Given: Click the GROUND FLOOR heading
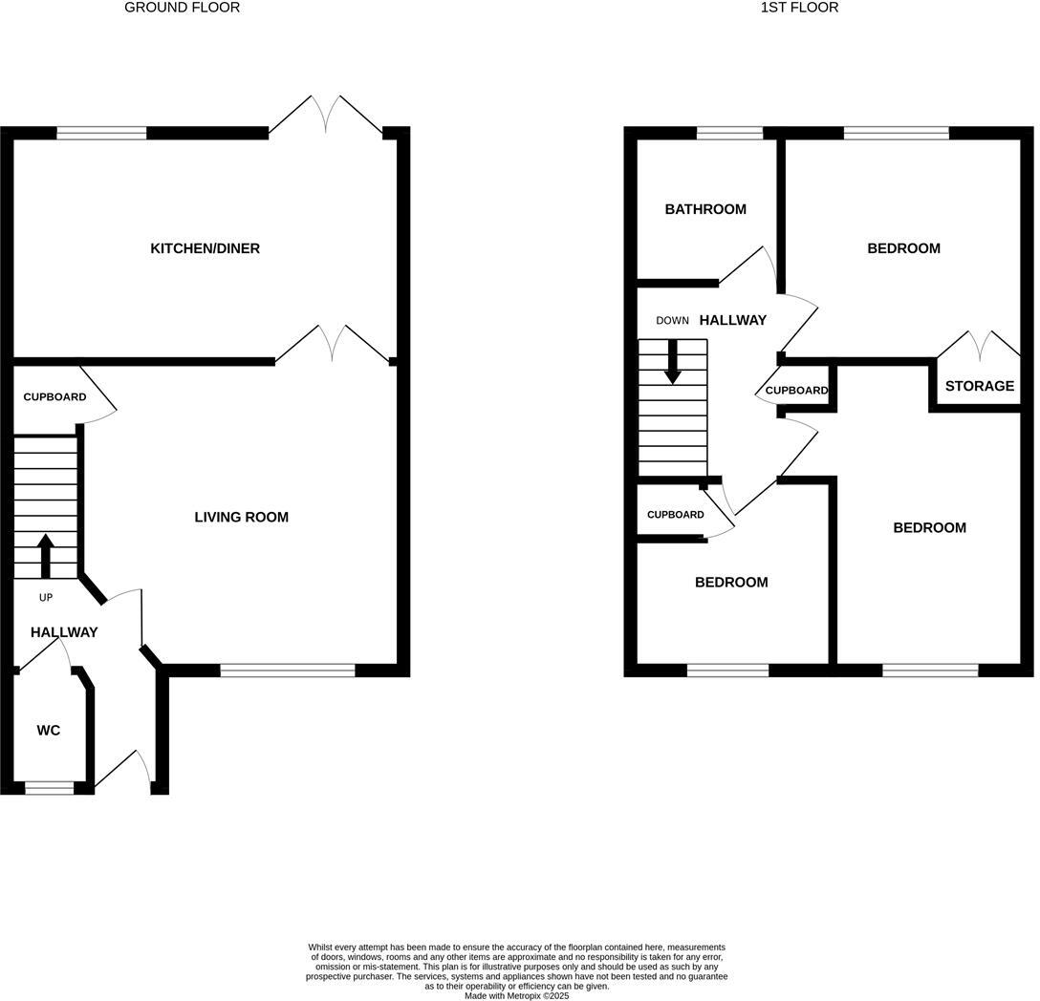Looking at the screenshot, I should tap(183, 8).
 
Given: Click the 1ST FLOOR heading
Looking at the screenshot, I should tap(799, 8).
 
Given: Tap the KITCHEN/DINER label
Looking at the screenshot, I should tap(205, 248).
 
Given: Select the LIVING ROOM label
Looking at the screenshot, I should tap(241, 517).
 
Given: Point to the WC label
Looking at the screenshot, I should tap(49, 731).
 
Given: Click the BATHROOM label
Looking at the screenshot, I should tap(705, 209).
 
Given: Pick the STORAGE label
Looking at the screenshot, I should tap(979, 386).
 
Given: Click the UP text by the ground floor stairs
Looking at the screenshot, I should tap(46, 598).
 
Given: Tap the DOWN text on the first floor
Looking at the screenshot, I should tap(672, 321).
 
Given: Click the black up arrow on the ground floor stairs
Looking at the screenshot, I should tap(46, 555).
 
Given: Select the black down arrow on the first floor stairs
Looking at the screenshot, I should tap(673, 362).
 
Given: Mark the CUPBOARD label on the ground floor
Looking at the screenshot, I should tap(54, 397).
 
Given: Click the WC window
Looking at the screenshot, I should tap(49, 788).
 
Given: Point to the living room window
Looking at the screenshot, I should tap(288, 671).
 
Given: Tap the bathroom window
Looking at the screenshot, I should tap(729, 133).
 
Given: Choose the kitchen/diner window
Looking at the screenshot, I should tap(101, 133).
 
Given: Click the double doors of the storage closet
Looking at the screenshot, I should tap(978, 345).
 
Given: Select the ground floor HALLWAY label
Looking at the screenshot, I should tap(64, 632).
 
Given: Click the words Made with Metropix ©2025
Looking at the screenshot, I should tap(516, 995).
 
